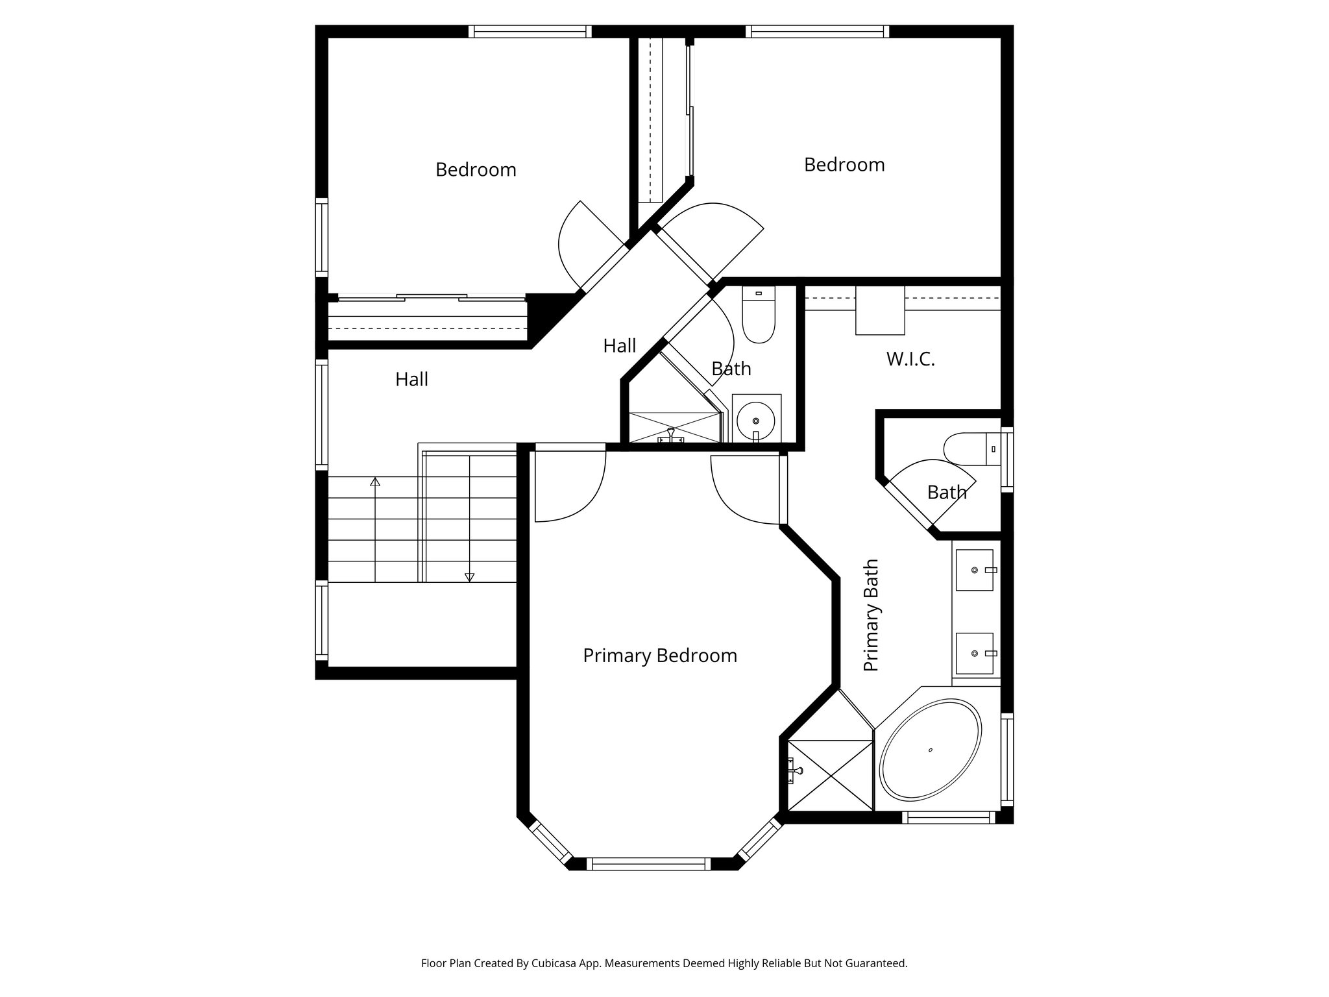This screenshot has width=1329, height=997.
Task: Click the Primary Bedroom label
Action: tap(660, 656)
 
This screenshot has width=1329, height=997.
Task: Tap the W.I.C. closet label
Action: tap(910, 359)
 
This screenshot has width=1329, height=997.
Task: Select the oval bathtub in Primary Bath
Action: tap(930, 749)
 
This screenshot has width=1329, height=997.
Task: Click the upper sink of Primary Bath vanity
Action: tap(975, 570)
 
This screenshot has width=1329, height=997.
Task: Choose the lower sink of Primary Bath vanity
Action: tap(975, 654)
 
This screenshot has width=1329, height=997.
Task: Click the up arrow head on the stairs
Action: tap(375, 482)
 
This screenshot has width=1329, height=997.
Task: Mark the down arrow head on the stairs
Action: tap(469, 577)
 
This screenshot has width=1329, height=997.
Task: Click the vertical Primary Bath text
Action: tap(871, 615)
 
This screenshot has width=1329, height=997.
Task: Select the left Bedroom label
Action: tap(476, 170)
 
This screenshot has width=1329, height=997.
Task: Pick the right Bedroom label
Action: tap(844, 165)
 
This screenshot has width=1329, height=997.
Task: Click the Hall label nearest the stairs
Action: tap(411, 380)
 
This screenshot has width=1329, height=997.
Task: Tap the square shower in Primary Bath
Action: tap(830, 774)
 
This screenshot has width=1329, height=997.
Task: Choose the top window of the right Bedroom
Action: tap(816, 31)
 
